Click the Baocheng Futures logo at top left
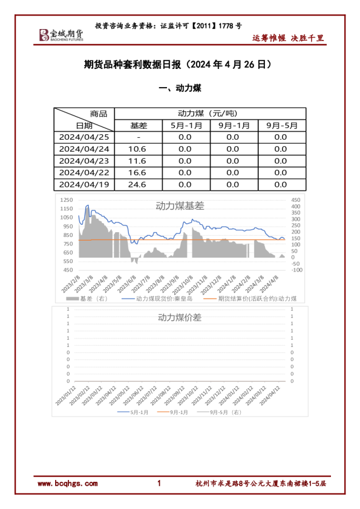tap(61, 34)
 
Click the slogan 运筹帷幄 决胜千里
tap(288, 38)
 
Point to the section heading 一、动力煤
tap(179, 88)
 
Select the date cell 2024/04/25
tap(84, 137)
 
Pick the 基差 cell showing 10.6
tap(138, 149)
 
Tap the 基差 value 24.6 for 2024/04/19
tap(138, 184)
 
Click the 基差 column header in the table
tap(138, 125)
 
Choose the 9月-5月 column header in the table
tap(281, 125)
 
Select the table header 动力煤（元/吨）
tap(209, 114)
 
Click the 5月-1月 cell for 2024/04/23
tap(186, 161)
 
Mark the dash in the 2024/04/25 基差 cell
tap(138, 137)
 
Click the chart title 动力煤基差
tap(180, 206)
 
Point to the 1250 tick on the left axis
tap(67, 200)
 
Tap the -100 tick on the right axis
tap(296, 270)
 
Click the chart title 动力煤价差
tap(180, 317)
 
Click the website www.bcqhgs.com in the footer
tap(67, 484)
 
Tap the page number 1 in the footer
tap(159, 484)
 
